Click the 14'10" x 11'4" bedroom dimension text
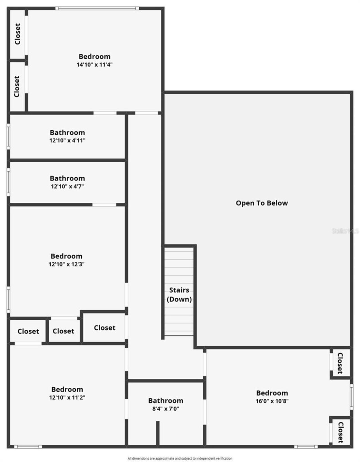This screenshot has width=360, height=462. click(94, 64)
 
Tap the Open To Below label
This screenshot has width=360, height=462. click(262, 203)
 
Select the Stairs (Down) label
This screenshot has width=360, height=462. click(179, 294)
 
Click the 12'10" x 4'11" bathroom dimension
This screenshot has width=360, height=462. click(67, 140)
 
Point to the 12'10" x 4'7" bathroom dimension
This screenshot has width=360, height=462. click(67, 186)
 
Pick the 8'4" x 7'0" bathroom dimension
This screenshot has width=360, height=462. click(166, 409)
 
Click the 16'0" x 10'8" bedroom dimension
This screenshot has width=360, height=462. click(272, 401)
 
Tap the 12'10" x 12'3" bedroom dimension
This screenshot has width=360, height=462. click(66, 264)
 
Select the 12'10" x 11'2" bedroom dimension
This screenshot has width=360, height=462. click(67, 397)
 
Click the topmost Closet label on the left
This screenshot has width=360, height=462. click(17, 34)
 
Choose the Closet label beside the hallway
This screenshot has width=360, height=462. click(105, 328)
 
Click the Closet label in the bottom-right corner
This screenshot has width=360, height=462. click(341, 432)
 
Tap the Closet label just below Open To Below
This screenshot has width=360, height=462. click(340, 363)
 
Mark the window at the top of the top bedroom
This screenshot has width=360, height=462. click(97, 8)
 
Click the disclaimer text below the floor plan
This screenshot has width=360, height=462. click(180, 458)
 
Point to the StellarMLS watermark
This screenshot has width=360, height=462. click(345, 231)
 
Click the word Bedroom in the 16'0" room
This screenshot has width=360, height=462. click(272, 393)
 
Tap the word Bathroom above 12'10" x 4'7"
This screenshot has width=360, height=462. click(67, 178)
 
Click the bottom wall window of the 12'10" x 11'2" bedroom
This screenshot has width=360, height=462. click(28, 447)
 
